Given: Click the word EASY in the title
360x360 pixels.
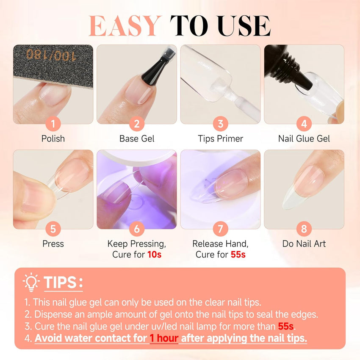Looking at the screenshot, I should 125,26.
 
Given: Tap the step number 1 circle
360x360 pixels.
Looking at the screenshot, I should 53,124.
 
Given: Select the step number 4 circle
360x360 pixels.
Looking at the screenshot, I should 304,124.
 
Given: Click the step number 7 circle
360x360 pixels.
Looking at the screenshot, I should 220,229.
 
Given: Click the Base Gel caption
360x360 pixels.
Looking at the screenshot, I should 137,138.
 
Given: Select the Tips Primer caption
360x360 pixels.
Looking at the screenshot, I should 220,138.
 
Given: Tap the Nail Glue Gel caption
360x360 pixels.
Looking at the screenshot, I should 304,138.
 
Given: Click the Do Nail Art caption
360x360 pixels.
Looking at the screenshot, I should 304,244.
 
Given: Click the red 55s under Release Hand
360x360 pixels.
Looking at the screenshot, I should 238,255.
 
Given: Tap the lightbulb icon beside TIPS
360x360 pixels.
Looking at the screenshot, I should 31,282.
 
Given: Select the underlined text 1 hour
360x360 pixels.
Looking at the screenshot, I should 164,338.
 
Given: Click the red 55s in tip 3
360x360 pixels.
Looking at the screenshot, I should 286,326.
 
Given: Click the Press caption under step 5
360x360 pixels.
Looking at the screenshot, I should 53,244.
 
